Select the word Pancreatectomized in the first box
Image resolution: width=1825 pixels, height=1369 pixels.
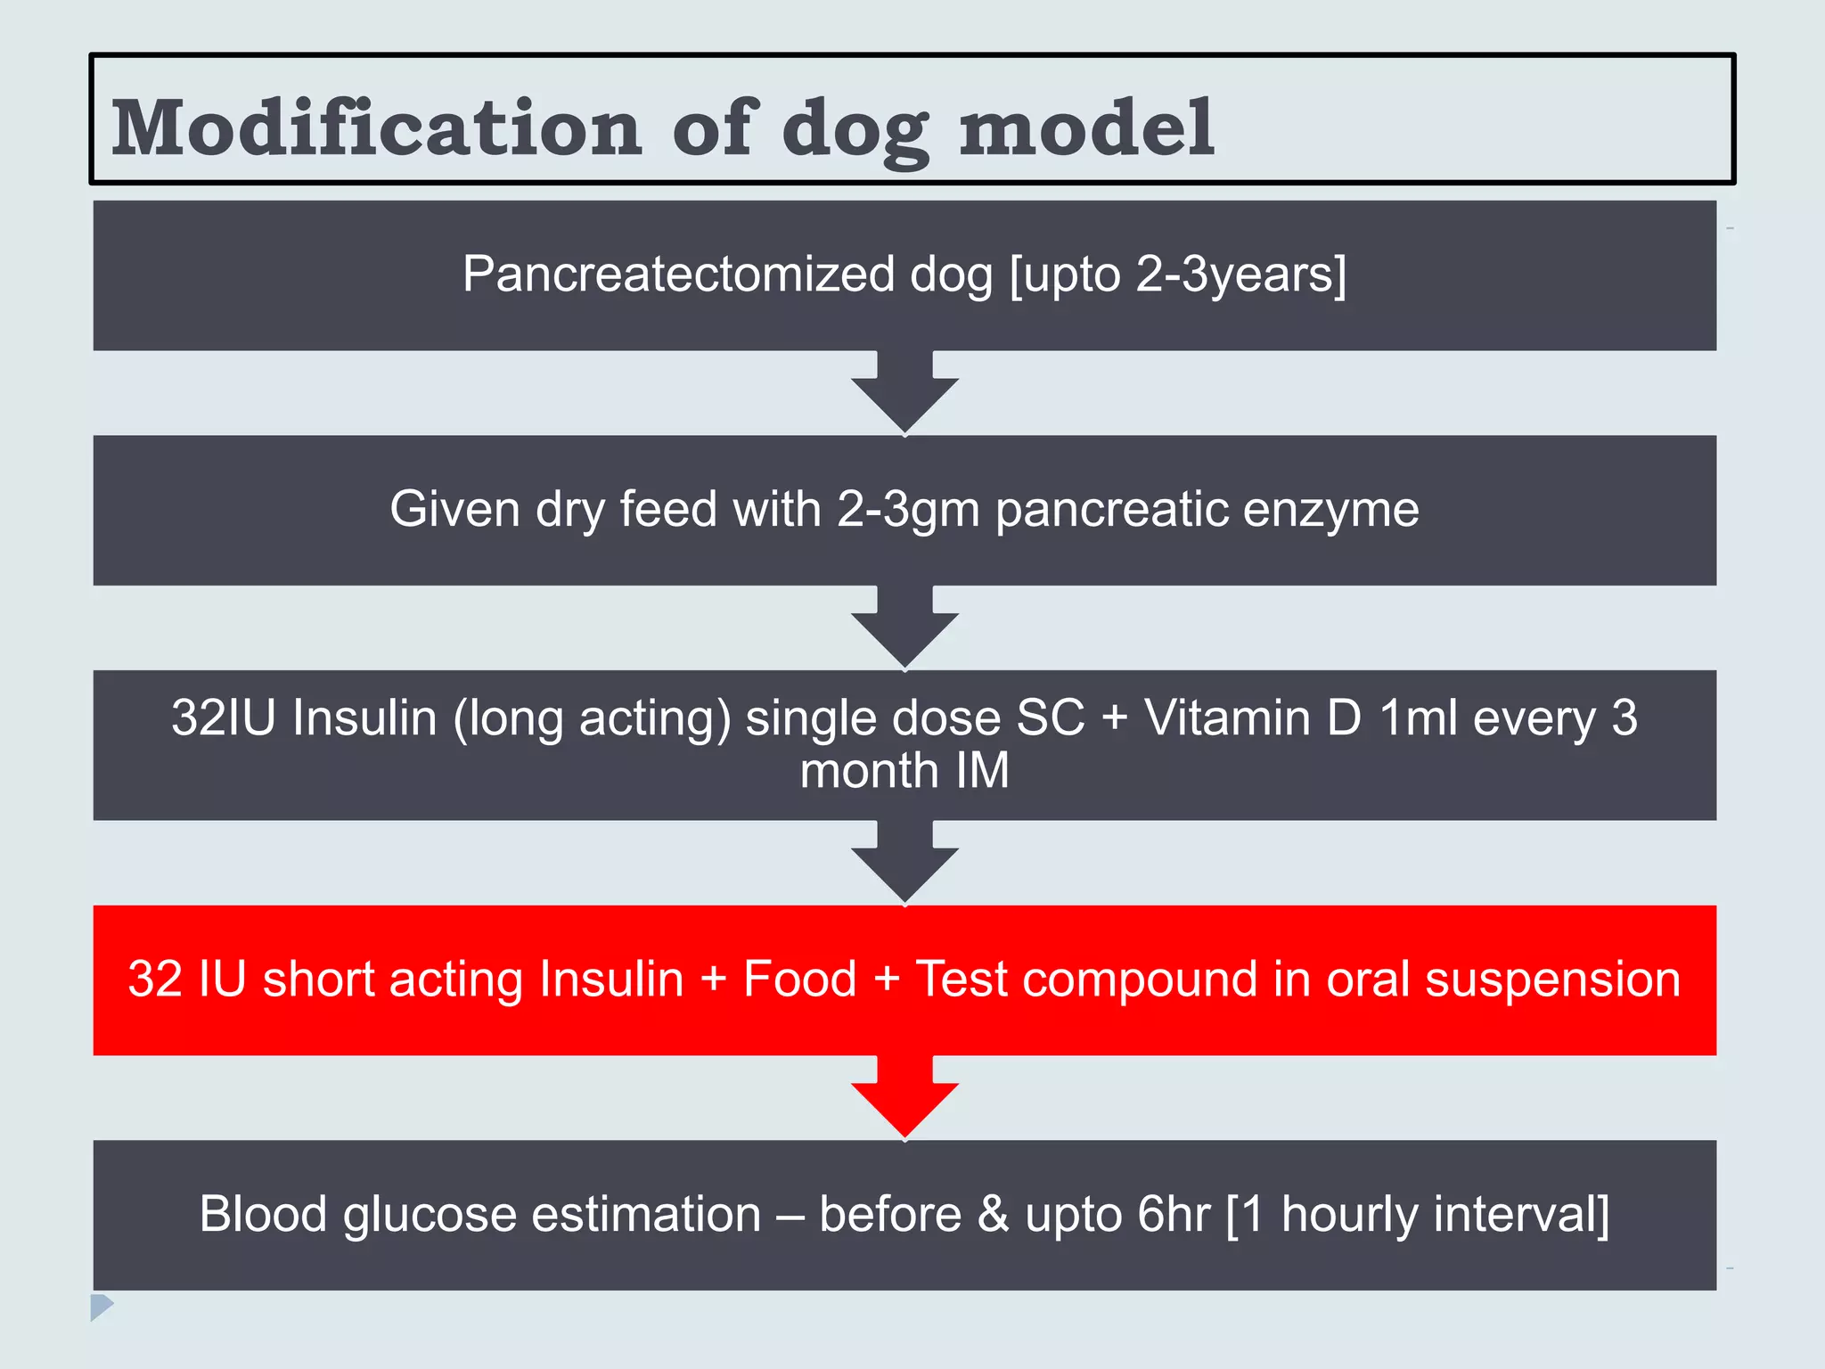(678, 275)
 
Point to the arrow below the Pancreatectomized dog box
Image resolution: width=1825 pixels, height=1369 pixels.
(904, 392)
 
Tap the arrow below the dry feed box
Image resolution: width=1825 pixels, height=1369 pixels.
(904, 627)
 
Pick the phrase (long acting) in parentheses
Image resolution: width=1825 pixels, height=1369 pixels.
(592, 719)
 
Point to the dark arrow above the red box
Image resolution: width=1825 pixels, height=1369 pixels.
(904, 863)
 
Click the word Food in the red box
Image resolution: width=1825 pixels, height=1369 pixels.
(799, 980)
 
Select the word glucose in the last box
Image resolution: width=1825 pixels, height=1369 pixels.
(429, 1216)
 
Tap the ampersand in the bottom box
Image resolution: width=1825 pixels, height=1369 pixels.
(993, 1215)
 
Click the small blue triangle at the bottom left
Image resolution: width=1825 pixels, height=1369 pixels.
(101, 1307)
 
